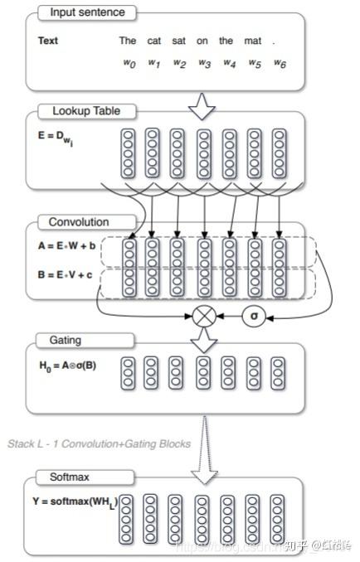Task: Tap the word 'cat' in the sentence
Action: tap(154, 41)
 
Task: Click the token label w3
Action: tap(204, 63)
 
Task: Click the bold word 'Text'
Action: tap(49, 41)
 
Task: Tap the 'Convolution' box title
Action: tap(79, 222)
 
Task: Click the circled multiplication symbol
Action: tap(203, 316)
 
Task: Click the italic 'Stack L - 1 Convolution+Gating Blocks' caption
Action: tap(99, 443)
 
